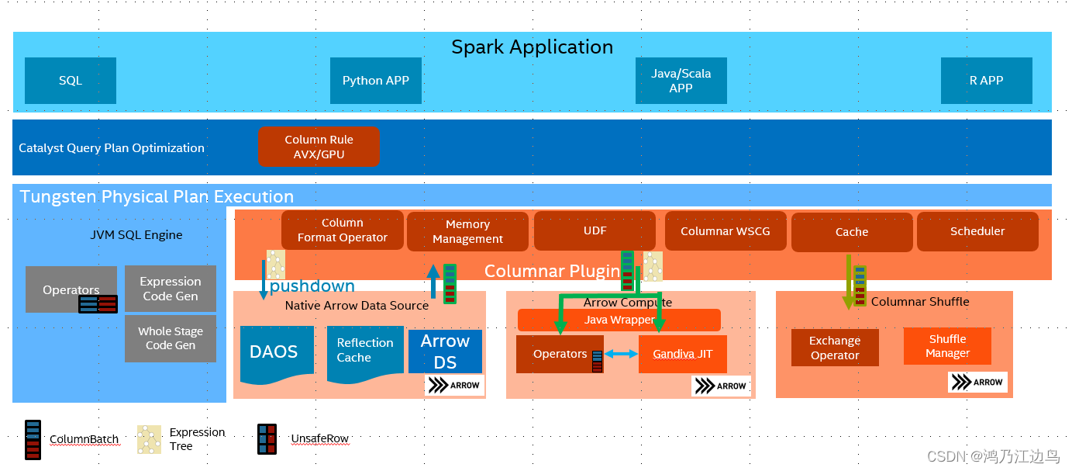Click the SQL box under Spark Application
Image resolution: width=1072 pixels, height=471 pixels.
click(71, 81)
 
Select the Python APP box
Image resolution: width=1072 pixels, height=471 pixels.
click(376, 81)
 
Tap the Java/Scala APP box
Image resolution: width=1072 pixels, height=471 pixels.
click(681, 81)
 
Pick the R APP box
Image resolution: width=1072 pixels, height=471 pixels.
click(986, 81)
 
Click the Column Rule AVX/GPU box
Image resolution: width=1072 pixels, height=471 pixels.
click(319, 147)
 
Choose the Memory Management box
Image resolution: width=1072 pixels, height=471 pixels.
click(467, 231)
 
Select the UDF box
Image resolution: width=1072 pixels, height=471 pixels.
click(595, 230)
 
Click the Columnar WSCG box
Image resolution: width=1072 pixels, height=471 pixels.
click(726, 231)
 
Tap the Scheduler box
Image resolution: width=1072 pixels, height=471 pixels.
click(977, 231)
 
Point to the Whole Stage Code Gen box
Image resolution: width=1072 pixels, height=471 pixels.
click(171, 338)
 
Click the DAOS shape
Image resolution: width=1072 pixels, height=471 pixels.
click(277, 355)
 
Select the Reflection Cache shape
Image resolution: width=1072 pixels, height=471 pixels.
click(365, 355)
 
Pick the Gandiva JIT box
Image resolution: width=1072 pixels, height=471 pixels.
click(683, 354)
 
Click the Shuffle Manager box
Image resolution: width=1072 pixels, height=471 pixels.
click(947, 346)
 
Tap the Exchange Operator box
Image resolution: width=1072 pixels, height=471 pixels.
click(835, 348)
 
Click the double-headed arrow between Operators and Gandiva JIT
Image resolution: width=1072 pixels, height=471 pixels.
click(621, 354)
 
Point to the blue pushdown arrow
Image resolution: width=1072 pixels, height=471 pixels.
click(264, 280)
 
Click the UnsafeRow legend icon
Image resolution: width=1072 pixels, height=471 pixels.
click(267, 439)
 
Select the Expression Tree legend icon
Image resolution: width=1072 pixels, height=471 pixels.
click(150, 439)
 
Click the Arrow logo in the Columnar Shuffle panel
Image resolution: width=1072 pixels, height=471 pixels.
click(977, 382)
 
